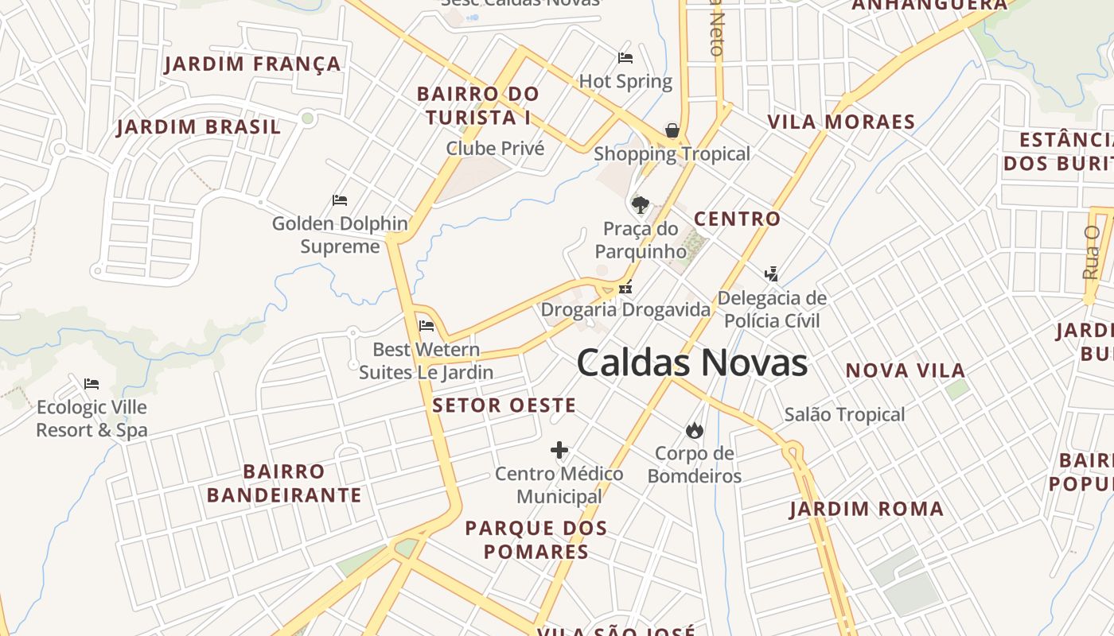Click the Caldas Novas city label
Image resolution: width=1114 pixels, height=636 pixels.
691,363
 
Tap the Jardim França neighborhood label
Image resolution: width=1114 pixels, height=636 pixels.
253,64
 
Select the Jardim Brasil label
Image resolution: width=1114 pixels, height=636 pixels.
199,126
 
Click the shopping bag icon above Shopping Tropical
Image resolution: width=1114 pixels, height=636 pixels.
672,130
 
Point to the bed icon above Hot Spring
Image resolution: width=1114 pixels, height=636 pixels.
625,58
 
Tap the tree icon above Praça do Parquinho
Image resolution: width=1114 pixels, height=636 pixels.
640,205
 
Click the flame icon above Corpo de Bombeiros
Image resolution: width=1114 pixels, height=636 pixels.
695,430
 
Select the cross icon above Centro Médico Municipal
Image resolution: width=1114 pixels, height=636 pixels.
559,451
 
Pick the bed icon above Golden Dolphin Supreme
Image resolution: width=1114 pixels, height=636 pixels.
340,200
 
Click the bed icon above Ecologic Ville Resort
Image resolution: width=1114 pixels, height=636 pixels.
92,384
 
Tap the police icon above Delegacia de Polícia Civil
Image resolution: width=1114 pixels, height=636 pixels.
770,274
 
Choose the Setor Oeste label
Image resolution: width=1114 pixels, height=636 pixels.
504,405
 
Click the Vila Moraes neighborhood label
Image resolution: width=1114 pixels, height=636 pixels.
841,122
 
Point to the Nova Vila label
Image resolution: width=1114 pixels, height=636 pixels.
905,370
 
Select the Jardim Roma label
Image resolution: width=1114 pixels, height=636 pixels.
867,509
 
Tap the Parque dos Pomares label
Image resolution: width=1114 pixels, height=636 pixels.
536,539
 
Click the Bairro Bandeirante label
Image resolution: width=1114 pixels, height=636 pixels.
284,483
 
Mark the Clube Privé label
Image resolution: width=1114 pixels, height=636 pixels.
495,149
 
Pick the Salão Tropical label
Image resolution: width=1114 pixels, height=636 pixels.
844,414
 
